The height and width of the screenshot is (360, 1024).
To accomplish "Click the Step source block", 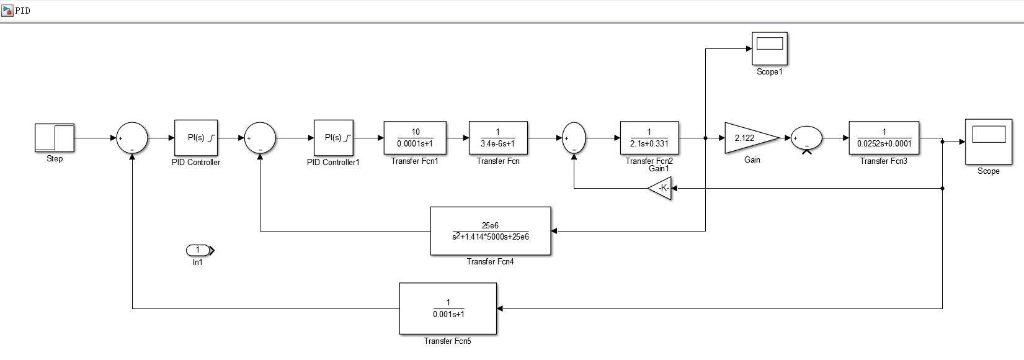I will [x=55, y=137].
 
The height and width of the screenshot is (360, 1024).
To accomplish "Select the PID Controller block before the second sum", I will [x=196, y=138].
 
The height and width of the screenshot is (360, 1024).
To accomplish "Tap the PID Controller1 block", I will [x=334, y=138].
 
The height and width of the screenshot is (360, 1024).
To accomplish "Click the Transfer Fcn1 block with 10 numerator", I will [x=415, y=138].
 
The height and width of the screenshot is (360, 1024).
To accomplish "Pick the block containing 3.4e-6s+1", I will [x=498, y=138].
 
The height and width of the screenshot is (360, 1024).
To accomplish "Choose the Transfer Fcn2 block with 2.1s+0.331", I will [x=649, y=138].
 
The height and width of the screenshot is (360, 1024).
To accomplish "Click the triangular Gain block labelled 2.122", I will [x=747, y=138].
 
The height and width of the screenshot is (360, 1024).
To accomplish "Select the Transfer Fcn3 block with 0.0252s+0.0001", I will [x=884, y=138].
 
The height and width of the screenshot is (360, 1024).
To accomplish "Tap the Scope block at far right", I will [x=988, y=142].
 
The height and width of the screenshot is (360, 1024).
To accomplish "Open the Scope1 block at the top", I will [x=770, y=48].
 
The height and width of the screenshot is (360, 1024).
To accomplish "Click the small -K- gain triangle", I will [x=662, y=187].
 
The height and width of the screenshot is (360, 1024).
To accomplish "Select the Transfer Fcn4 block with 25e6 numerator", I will [x=491, y=231].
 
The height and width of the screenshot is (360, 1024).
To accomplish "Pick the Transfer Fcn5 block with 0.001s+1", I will [x=448, y=308].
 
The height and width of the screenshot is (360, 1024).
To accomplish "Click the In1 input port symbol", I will [x=198, y=250].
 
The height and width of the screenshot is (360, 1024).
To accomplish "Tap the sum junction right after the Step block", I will [x=132, y=138].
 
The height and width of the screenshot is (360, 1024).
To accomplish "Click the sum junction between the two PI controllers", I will [x=260, y=138].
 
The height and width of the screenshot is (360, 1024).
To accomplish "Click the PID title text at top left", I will [x=23, y=11].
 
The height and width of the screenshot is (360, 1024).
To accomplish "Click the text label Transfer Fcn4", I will [x=490, y=262].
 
